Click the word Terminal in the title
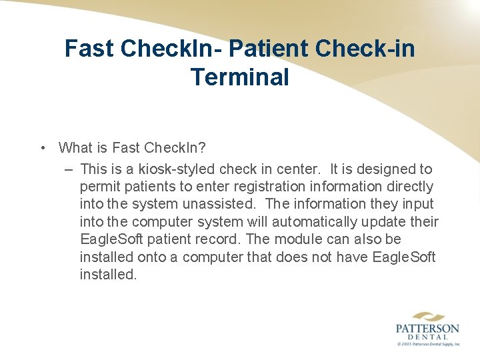coord(240,77)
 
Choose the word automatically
coord(318,221)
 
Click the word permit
coord(99,187)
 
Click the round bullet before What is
coord(42,148)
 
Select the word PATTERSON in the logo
coord(427,329)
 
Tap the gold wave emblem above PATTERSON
coord(427,316)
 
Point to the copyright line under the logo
coord(427,345)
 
